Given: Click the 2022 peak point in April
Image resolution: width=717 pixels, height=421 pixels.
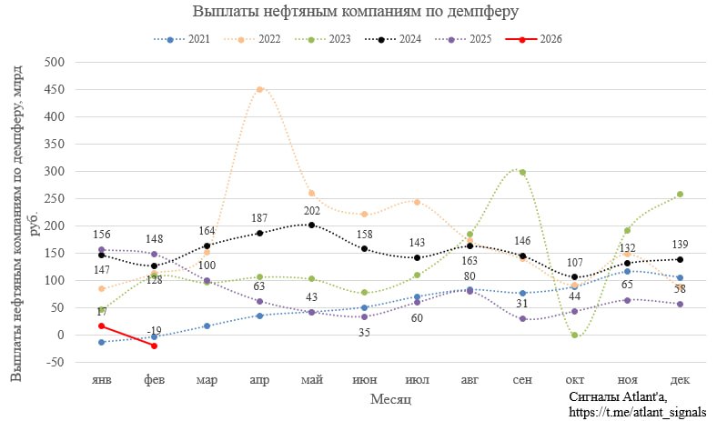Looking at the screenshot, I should [260, 89].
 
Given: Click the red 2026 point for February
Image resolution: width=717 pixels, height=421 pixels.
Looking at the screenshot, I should [155, 346].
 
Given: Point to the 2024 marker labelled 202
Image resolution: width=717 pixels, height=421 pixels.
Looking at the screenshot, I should [313, 225].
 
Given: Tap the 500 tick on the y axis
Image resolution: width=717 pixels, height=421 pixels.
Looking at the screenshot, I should [54, 62].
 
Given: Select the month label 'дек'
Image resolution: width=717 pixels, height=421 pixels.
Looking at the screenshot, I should [681, 379].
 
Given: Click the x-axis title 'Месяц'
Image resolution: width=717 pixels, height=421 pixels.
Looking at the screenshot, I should [392, 400].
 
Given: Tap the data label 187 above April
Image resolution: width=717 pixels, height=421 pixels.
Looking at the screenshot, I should [260, 219].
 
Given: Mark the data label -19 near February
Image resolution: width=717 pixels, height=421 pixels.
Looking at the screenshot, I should [155, 331].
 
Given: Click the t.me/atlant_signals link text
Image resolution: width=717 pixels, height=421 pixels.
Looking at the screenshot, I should [636, 412].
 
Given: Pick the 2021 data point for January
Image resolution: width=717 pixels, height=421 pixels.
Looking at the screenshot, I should [102, 342].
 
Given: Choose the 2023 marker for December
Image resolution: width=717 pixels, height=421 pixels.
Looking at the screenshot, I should [681, 194].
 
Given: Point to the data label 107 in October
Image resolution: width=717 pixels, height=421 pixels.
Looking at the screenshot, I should [576, 262].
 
